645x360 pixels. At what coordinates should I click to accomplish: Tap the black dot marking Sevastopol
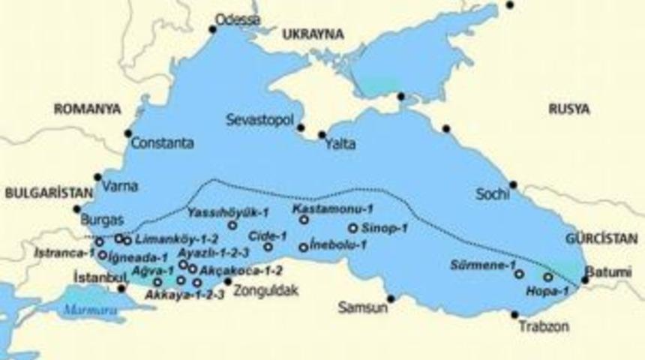(301, 127)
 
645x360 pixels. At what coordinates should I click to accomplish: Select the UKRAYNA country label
(313, 34)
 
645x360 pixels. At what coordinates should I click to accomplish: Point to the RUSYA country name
(568, 109)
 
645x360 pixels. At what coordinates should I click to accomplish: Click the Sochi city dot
(513, 184)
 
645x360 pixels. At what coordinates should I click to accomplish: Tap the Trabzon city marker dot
(514, 314)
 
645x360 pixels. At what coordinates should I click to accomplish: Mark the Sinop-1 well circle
(353, 228)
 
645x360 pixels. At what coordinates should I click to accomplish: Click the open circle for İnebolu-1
(304, 247)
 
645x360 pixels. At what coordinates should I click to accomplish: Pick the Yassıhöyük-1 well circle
(232, 225)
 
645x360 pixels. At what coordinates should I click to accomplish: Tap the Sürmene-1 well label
(482, 265)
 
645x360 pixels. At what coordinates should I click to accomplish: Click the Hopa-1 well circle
(548, 277)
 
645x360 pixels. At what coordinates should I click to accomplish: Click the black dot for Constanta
(127, 133)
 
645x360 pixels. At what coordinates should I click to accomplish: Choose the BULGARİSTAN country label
(42, 193)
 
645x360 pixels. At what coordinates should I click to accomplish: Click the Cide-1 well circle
(268, 247)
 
